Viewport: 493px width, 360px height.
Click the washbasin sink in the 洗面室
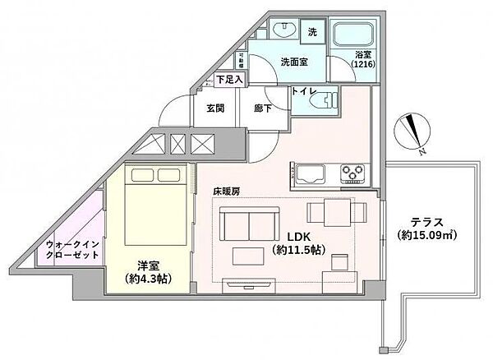tap(283, 30)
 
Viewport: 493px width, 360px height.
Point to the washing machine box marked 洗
tap(313, 33)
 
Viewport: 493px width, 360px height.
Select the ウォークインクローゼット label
tap(72, 249)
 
